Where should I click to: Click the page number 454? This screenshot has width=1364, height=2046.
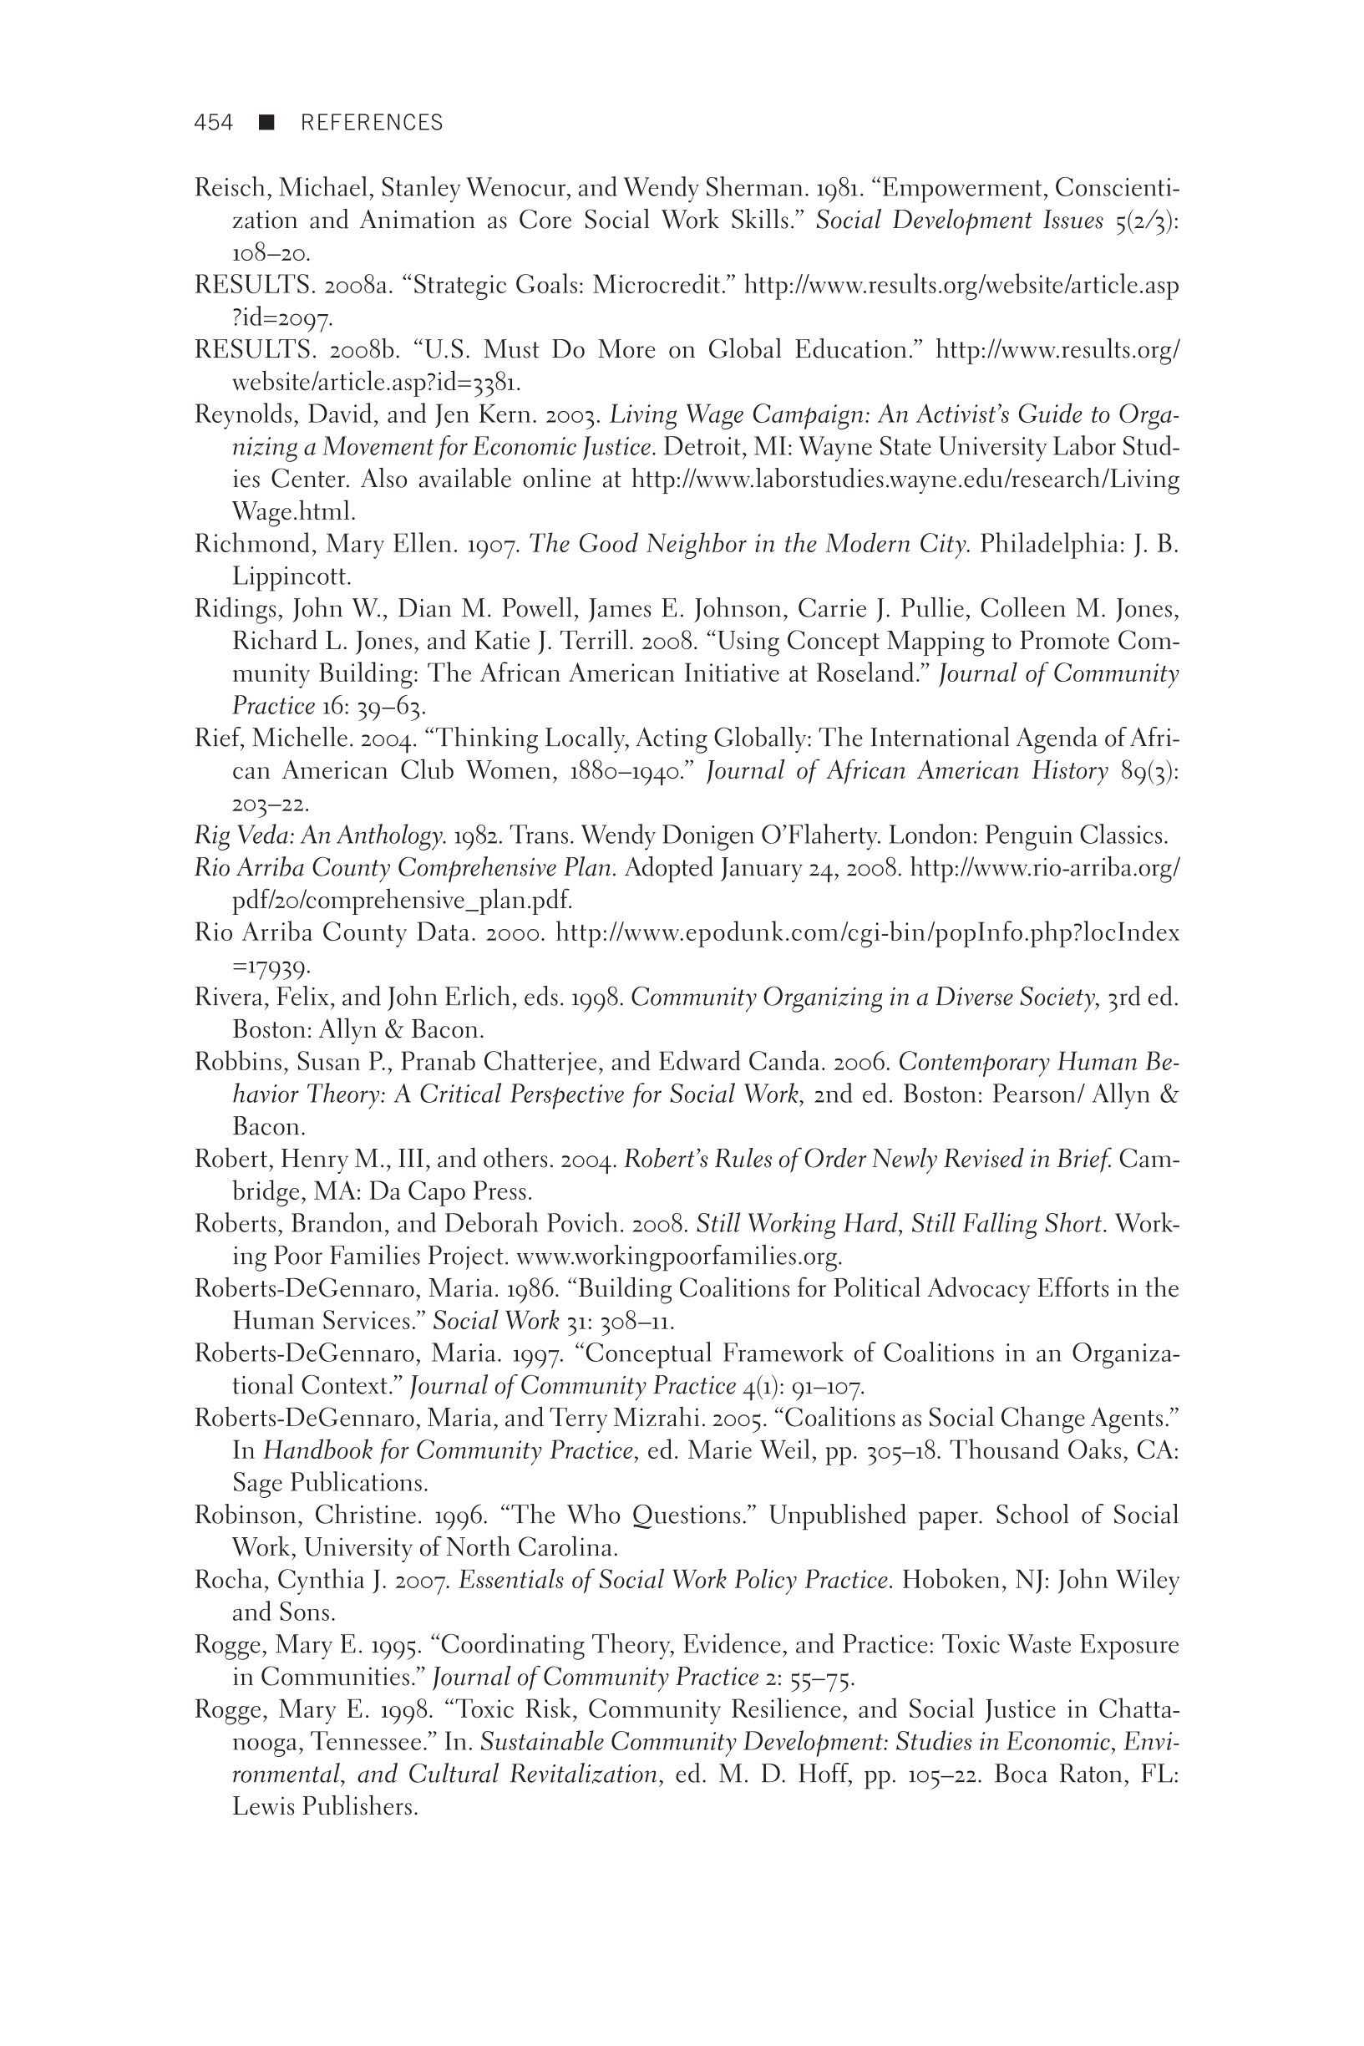click(x=213, y=123)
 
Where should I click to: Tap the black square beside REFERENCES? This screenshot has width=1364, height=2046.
click(x=267, y=123)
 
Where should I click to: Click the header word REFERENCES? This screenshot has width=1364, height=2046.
click(x=372, y=123)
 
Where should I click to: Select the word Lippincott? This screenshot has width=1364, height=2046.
click(x=291, y=576)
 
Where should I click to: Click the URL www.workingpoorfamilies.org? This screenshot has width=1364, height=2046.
click(x=678, y=1257)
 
